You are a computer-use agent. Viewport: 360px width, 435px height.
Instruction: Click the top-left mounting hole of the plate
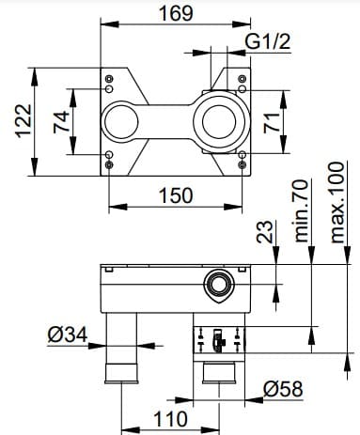(x=111, y=77)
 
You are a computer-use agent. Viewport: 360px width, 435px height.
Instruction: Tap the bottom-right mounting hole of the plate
(x=243, y=165)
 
